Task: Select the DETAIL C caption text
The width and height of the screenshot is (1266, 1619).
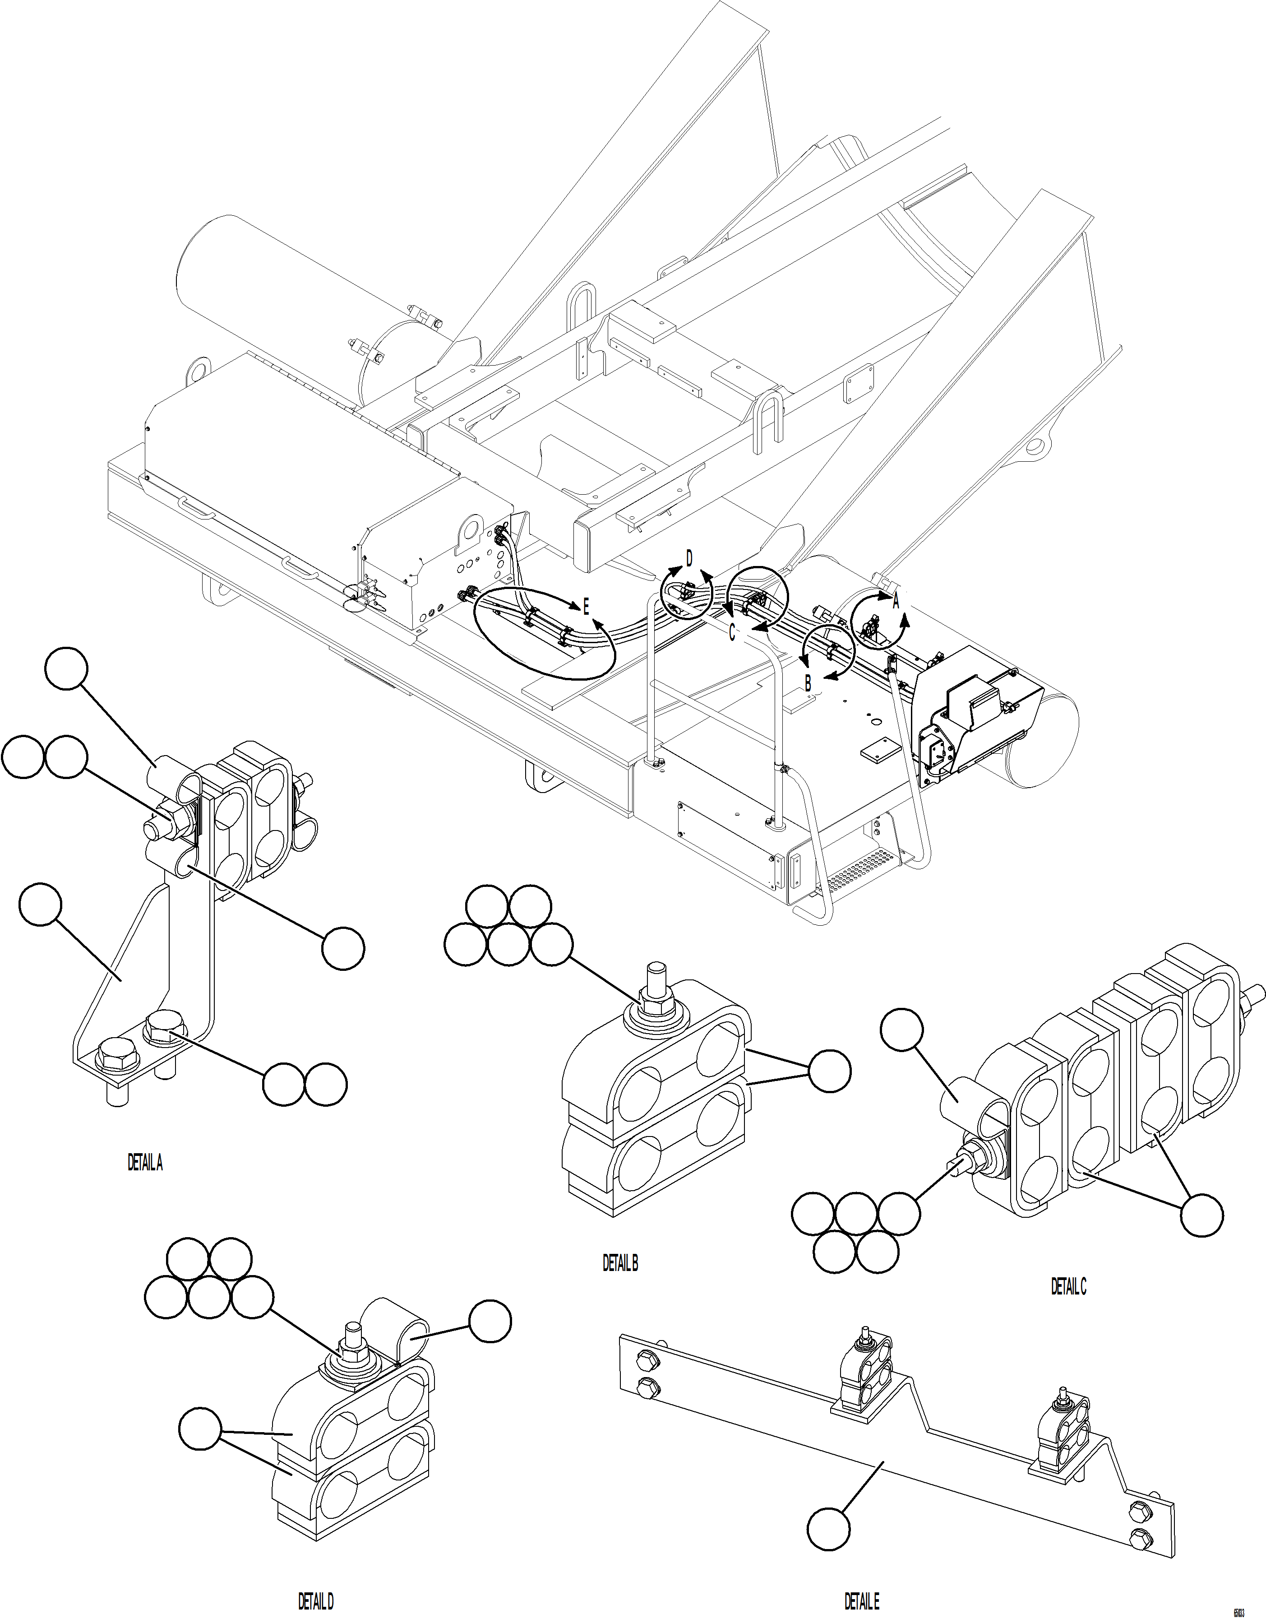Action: [1068, 1286]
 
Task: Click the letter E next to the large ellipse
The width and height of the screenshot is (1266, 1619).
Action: [586, 608]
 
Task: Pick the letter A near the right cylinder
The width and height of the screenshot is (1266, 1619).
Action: [896, 602]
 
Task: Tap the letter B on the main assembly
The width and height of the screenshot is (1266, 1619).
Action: [809, 683]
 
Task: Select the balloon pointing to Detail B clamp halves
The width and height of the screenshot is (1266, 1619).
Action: [829, 1071]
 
